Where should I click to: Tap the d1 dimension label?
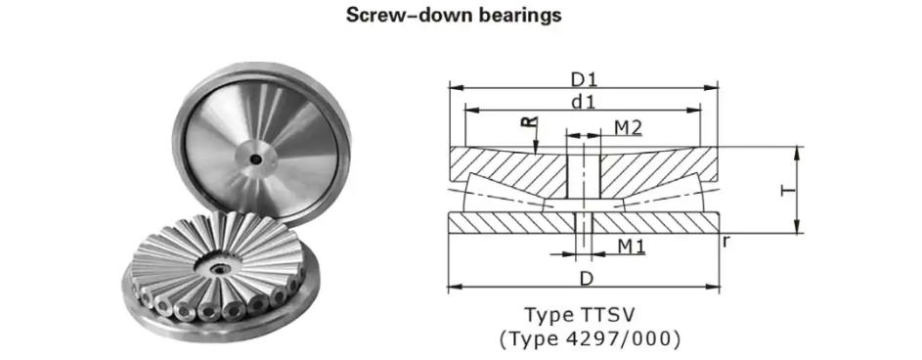coord(584,101)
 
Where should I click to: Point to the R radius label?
coord(528,122)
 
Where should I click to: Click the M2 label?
coord(628,127)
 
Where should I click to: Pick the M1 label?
coord(631,246)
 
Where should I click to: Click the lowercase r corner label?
coord(725,240)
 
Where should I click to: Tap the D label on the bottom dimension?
coord(585,279)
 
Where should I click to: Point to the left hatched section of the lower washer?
coord(508,223)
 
